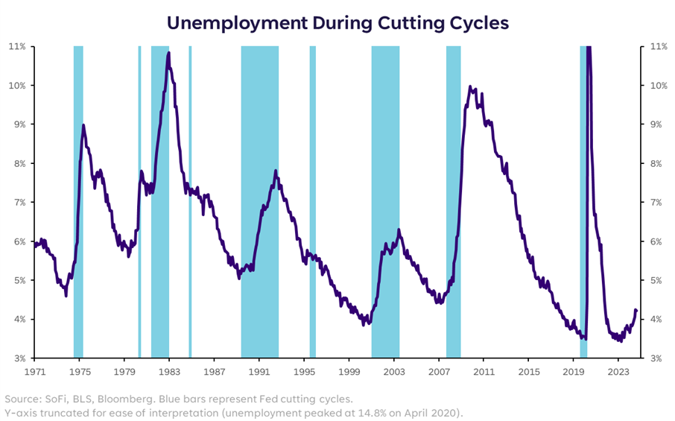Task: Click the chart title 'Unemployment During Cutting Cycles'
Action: (x=337, y=22)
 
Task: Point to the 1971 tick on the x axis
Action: (x=35, y=370)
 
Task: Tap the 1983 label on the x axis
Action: (x=169, y=370)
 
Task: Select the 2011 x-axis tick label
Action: (x=484, y=370)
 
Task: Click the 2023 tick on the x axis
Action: (x=618, y=370)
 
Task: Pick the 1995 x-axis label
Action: (x=304, y=370)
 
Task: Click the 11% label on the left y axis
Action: (x=17, y=46)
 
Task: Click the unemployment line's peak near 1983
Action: (x=168, y=53)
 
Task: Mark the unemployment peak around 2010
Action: (x=470, y=86)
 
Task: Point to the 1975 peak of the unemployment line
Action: (x=83, y=125)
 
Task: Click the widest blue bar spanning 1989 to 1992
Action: (x=259, y=201)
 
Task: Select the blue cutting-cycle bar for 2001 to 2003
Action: (x=385, y=201)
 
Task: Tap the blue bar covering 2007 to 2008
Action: (x=453, y=201)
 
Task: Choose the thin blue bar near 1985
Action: (x=190, y=201)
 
